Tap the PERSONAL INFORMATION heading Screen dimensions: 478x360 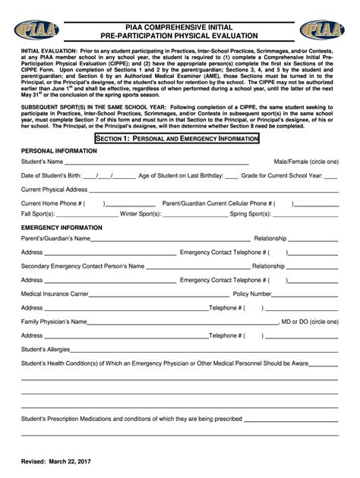click(x=59, y=151)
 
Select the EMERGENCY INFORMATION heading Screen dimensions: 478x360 click(x=62, y=228)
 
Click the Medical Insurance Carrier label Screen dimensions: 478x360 click(x=54, y=294)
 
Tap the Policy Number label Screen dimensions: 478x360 click(x=252, y=294)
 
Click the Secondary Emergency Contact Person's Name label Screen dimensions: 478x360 click(x=83, y=266)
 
